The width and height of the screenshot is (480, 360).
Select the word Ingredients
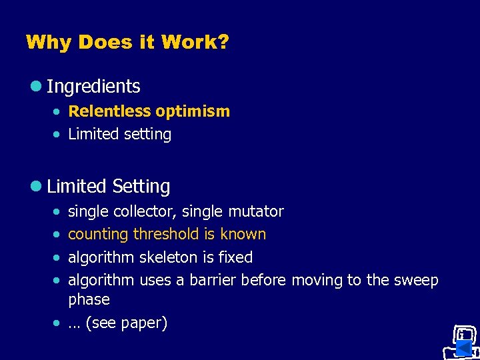(93, 87)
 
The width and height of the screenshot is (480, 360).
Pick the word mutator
(256, 212)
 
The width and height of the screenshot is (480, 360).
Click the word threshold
(166, 234)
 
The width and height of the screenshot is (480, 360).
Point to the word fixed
(235, 257)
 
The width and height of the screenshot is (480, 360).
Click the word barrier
(212, 280)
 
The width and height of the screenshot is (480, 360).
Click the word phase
(89, 299)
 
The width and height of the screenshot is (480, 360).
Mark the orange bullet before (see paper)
(57, 323)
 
